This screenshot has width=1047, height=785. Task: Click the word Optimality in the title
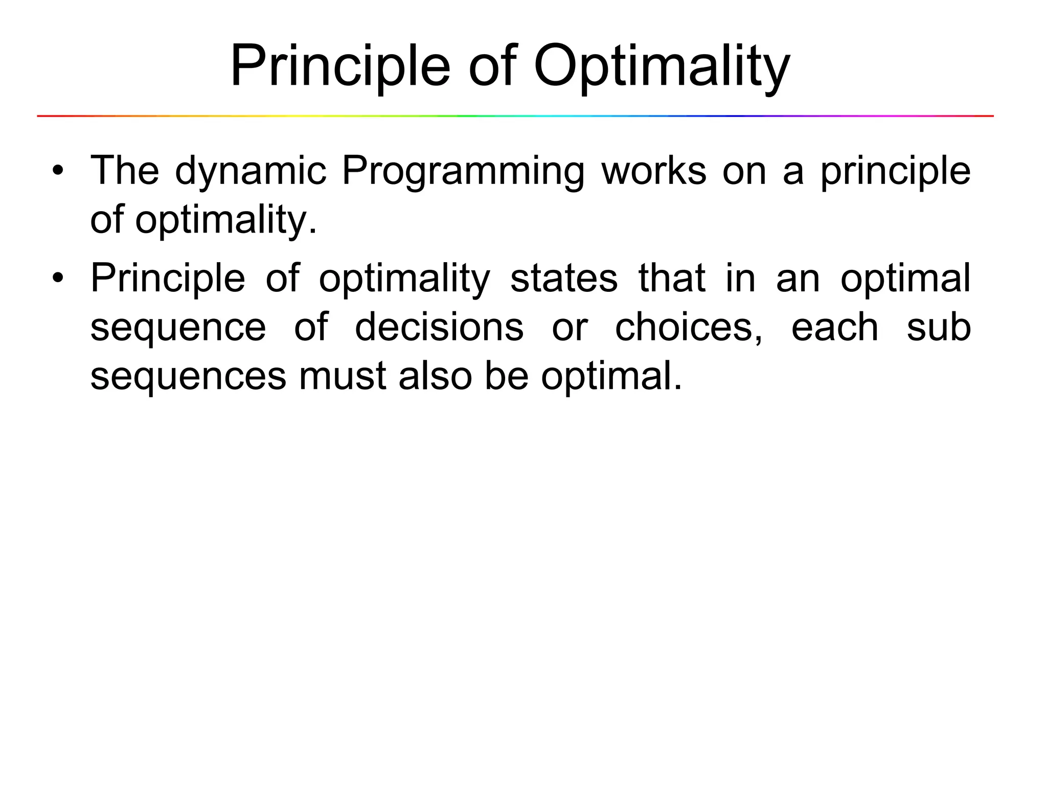[x=662, y=67]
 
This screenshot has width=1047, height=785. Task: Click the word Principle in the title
[x=340, y=67]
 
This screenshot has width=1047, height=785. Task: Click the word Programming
[x=463, y=172]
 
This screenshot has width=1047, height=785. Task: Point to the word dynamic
[x=251, y=172]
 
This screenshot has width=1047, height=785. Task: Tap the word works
[x=654, y=171]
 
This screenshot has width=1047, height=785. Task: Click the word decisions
[x=439, y=327]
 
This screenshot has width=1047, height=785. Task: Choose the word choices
[x=688, y=327]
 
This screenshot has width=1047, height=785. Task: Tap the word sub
[x=939, y=327]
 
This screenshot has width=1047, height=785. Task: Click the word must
[x=342, y=376]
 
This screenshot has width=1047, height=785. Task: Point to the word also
[x=435, y=376]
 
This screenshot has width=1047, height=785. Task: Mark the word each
[x=834, y=327]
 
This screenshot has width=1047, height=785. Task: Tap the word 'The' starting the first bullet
[x=124, y=171]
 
